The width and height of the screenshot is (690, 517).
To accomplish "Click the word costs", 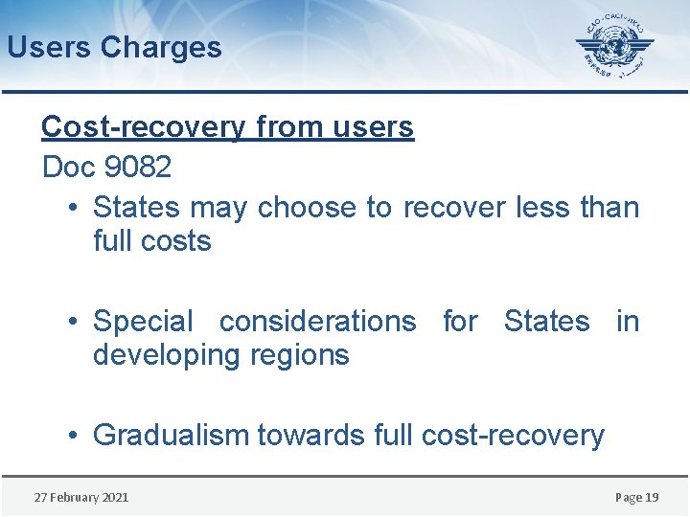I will tap(177, 240).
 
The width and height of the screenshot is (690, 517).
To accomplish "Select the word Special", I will tap(143, 322).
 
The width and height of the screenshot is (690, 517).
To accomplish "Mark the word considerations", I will tap(317, 322).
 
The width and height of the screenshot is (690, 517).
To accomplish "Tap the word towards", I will tap(307, 435).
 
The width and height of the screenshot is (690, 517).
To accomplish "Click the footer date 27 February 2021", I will tap(81, 497).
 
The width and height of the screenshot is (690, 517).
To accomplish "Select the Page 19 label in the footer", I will tap(636, 497).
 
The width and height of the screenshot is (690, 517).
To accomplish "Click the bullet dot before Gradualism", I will tap(75, 435).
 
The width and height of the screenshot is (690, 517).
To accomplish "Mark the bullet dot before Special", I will tap(75, 322).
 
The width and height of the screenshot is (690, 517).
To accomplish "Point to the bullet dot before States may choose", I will tap(75, 207).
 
